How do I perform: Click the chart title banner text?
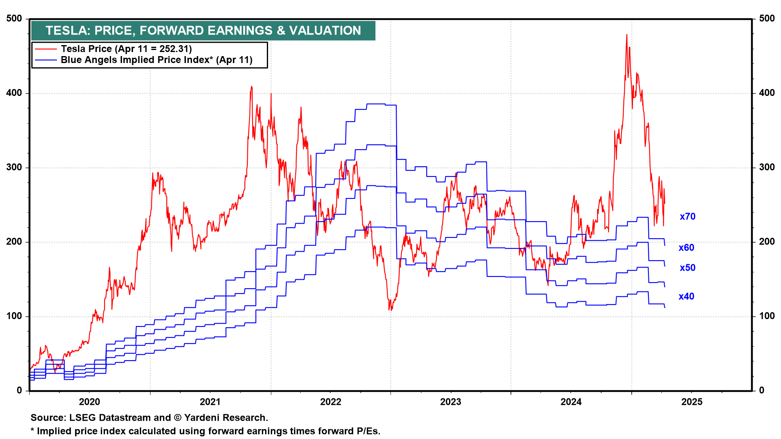point(203,30)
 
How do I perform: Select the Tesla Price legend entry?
point(126,49)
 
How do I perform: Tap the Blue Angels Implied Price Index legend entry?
point(157,60)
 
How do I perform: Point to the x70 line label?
point(687,217)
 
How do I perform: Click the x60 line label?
point(686,248)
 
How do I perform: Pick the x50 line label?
point(687,268)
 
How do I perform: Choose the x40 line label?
point(686,297)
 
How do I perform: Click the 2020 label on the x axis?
point(89,402)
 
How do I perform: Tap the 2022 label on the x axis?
point(330,402)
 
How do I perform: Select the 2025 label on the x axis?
point(692,402)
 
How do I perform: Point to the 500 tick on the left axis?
point(14,19)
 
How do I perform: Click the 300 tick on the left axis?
point(14,167)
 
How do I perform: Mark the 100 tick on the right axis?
point(767,316)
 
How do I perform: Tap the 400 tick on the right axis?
point(767,93)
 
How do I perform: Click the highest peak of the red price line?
point(626,35)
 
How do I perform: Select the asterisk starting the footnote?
point(33,430)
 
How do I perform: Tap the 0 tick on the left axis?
point(20,391)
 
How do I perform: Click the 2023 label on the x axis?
point(451,402)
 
